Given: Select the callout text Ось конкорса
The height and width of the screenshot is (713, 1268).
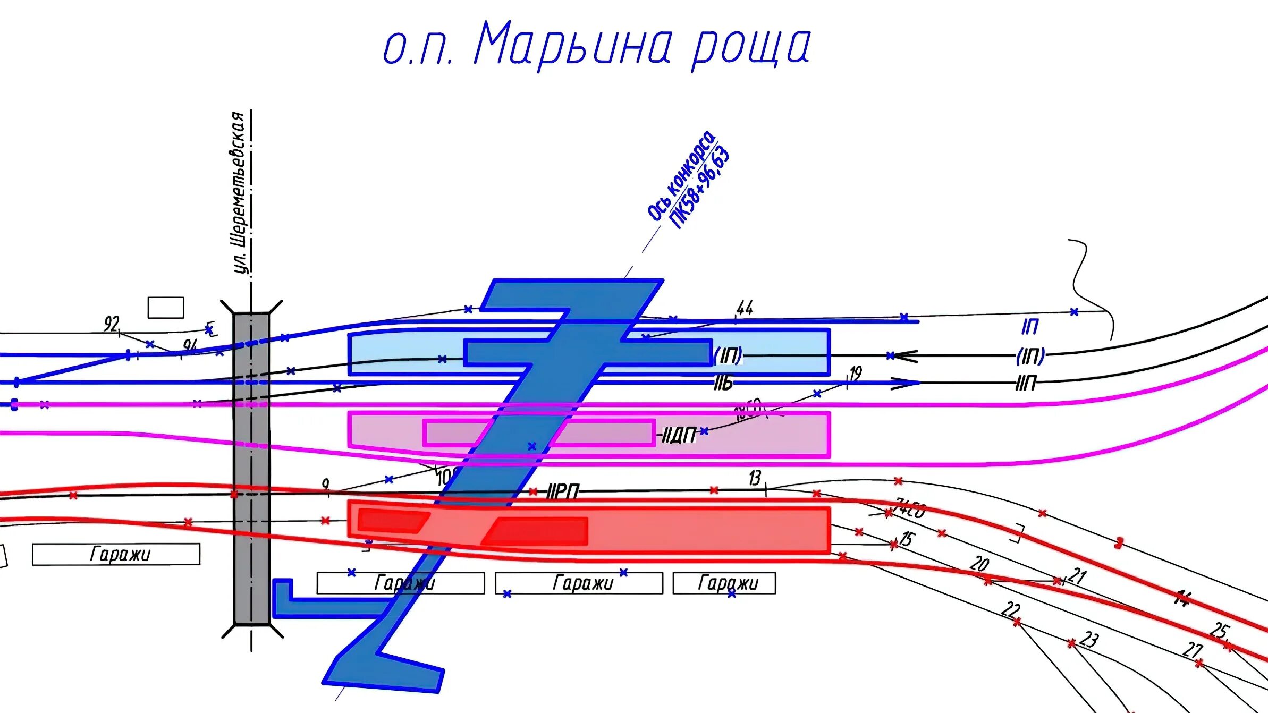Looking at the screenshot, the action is click(x=681, y=175).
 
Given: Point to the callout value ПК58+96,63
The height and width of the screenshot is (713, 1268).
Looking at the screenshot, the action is click(x=700, y=189).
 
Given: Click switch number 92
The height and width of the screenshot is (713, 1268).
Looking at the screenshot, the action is click(x=112, y=323).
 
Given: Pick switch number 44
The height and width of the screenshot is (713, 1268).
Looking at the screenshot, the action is click(x=745, y=308).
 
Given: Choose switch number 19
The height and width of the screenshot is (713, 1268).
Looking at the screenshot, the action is click(x=855, y=374).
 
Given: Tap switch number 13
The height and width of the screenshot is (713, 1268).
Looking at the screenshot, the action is click(x=755, y=478).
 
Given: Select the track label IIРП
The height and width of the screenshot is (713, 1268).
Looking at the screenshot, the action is click(x=563, y=491).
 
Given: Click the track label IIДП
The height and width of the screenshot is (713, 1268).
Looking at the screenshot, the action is click(x=679, y=436).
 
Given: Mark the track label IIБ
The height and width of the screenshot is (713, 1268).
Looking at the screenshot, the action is click(x=723, y=383).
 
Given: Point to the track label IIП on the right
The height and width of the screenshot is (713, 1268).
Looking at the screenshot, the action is click(x=1026, y=383).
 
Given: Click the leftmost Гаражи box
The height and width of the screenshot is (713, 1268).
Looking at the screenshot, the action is click(x=116, y=554).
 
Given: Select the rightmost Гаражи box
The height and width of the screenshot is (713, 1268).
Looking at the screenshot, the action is click(x=724, y=583).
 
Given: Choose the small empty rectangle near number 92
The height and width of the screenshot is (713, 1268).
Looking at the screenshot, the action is click(x=165, y=308).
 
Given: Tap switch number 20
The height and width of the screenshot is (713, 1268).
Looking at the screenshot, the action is click(x=979, y=563).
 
